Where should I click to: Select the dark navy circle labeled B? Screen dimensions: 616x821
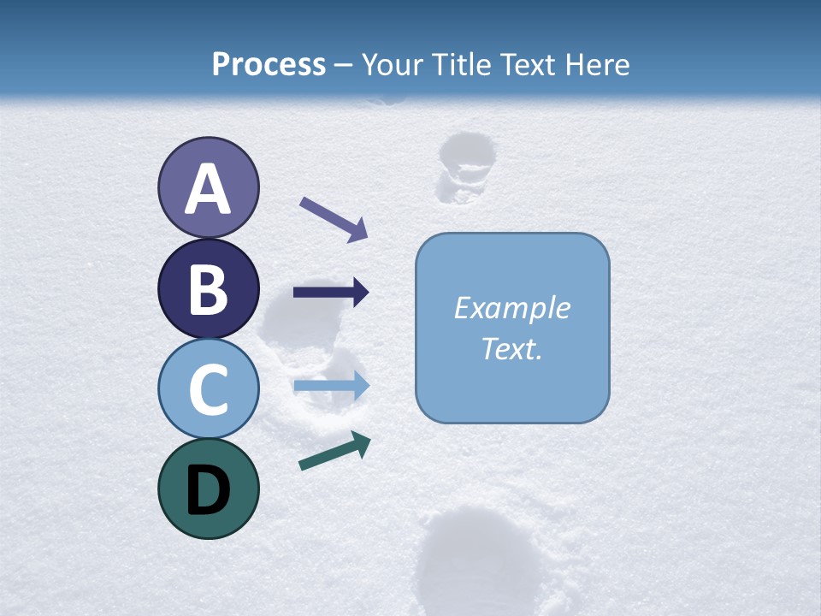208,288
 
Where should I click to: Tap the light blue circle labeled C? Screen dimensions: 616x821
208,389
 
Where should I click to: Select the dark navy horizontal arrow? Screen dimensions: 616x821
331,293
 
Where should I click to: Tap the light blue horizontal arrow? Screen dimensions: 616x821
331,387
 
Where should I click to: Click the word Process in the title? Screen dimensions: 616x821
269,64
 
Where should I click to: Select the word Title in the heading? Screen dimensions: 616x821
461,64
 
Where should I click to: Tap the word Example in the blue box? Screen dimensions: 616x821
511,308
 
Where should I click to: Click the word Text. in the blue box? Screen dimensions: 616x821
511,348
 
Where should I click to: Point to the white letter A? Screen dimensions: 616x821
208,189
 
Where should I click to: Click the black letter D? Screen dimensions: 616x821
208,490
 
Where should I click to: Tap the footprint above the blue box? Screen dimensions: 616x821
464,168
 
